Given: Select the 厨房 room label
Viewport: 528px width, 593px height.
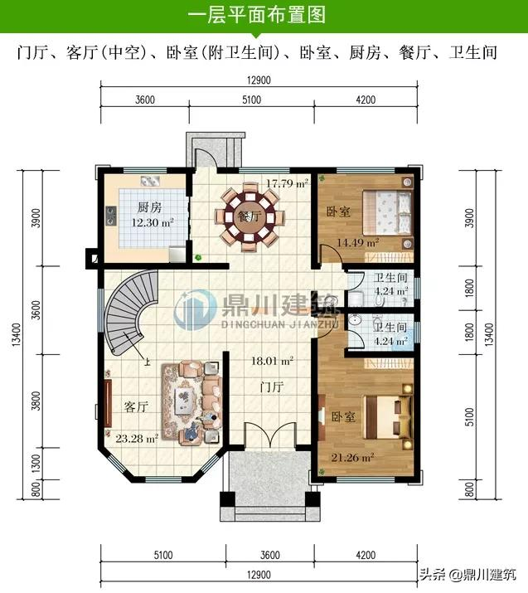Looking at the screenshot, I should coord(148,207).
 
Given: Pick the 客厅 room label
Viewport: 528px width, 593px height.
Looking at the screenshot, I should coord(135,407).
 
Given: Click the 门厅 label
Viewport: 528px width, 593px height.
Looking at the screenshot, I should coord(272,388).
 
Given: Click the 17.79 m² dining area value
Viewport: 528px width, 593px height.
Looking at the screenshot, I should coord(288,182).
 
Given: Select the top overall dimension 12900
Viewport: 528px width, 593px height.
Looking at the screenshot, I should coord(259,80).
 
